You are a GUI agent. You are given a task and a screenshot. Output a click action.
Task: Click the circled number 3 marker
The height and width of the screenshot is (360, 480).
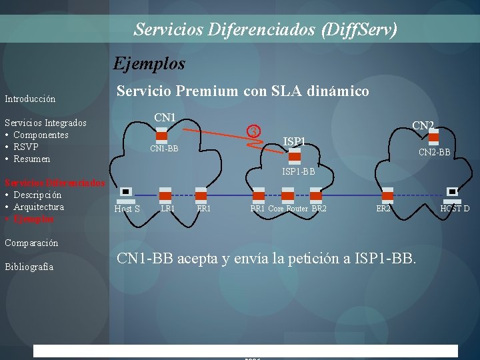tap(253, 131)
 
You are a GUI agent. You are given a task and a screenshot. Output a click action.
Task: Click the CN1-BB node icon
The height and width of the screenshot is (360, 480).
tap(161, 136)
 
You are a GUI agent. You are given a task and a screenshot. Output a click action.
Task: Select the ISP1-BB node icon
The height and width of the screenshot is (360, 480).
tap(295, 157)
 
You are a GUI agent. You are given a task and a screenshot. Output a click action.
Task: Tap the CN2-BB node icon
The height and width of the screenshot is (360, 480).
tap(433, 137)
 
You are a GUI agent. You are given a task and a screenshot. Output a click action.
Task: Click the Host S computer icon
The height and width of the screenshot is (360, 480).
tap(125, 194)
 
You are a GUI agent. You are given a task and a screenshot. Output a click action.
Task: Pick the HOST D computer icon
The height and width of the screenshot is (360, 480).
tap(453, 194)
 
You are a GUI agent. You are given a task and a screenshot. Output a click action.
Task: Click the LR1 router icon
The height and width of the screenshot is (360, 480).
tap(166, 195)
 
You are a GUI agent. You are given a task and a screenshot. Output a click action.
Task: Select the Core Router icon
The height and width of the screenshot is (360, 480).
tap(288, 195)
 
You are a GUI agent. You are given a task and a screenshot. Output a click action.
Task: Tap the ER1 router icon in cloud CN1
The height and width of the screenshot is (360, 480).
tap(203, 195)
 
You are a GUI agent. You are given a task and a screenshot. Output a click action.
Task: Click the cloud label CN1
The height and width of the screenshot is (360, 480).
tap(165, 117)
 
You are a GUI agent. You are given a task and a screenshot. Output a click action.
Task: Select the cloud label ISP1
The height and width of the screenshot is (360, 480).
tap(294, 141)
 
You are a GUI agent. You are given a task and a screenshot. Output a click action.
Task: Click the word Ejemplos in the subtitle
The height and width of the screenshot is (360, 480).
tap(149, 63)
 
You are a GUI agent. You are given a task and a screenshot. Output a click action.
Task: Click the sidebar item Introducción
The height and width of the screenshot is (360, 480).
tap(30, 99)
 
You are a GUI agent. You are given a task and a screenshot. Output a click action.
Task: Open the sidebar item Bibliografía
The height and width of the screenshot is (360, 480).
tap(29, 267)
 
